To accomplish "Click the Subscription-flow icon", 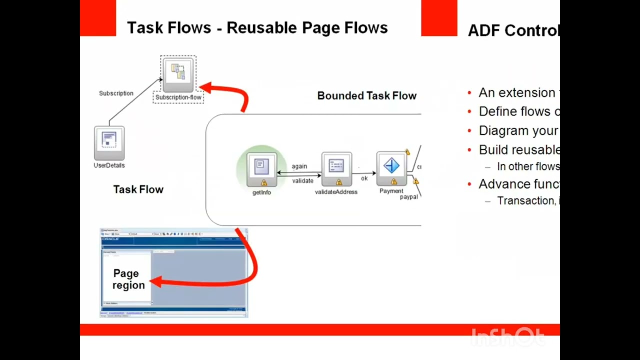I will [178, 75].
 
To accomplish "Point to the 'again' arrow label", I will [299, 166].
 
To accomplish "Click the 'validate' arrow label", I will [302, 181].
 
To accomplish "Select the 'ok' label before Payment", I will [364, 178].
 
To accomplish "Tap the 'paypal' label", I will [408, 197].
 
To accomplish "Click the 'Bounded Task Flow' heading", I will [366, 96].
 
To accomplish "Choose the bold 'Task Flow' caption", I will [138, 189].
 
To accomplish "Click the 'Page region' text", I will [128, 279].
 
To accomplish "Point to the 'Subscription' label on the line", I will [116, 93].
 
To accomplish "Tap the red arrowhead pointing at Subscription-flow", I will [205, 88].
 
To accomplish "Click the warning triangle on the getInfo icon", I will [264, 183].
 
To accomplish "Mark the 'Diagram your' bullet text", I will [518, 131].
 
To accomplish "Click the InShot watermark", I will [507, 337].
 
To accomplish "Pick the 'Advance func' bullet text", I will [518, 184].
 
